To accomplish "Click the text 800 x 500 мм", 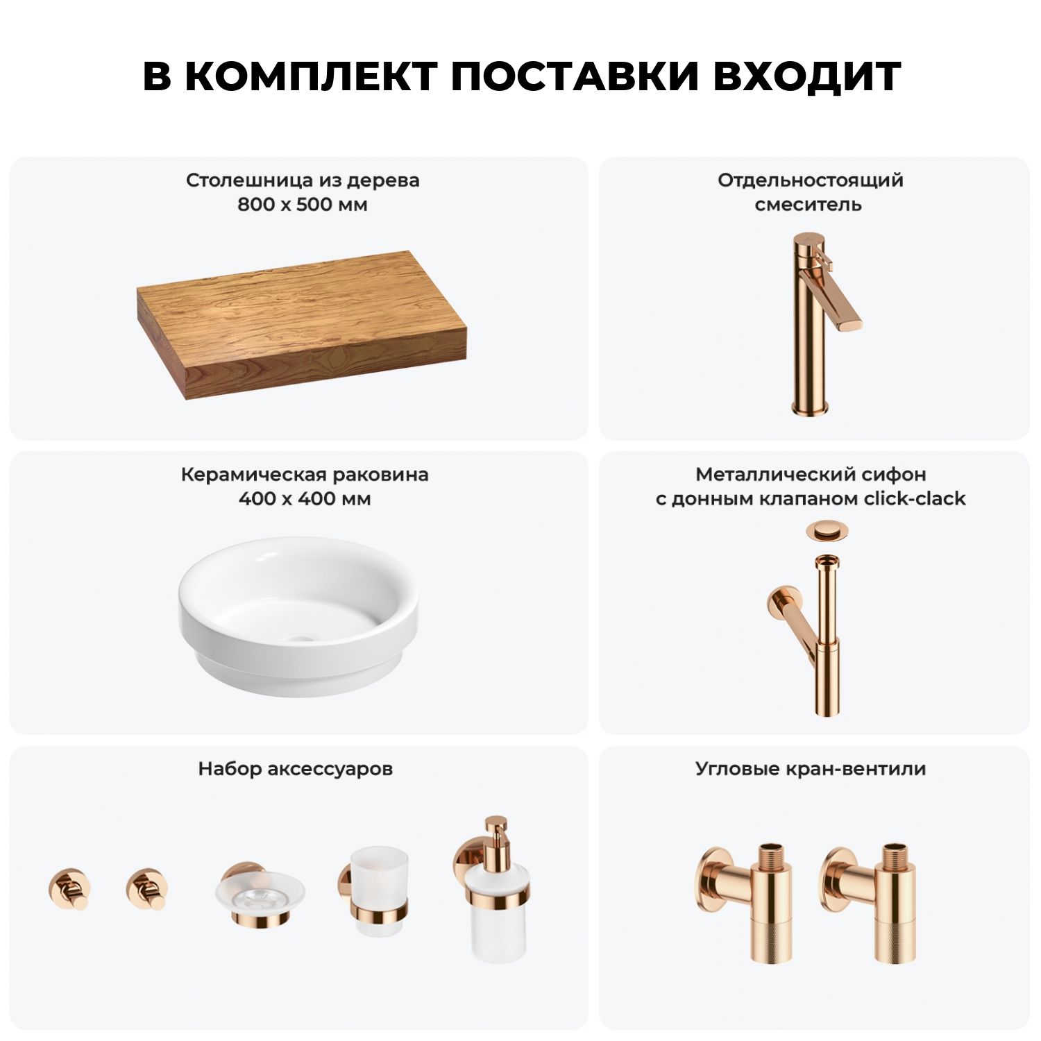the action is (x=303, y=205).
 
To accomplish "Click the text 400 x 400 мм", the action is (x=305, y=498).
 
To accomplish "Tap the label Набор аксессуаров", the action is (x=296, y=769).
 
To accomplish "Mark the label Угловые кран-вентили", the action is (x=811, y=769).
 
